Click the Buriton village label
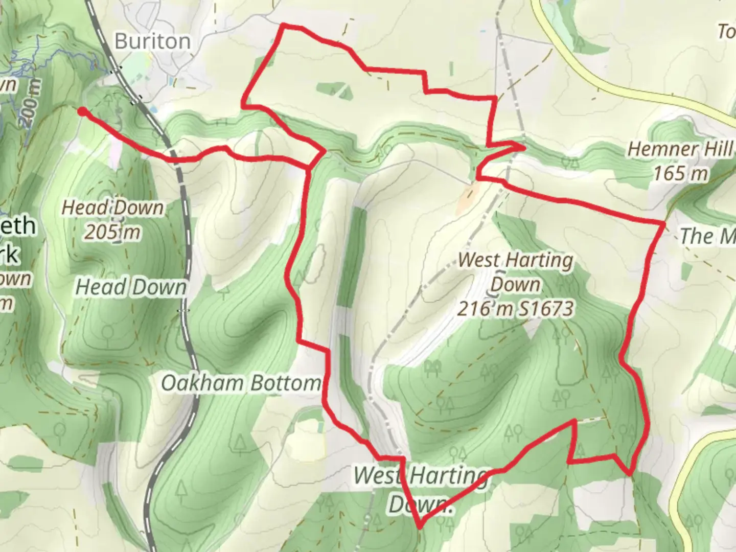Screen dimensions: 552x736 coord(152,41)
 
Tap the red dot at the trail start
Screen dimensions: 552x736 coord(82,111)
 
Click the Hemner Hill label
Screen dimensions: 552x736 coord(680,149)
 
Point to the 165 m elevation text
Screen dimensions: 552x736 coord(681,174)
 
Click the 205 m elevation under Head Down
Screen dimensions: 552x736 coord(112,232)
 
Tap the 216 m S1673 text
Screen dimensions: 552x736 coord(515,309)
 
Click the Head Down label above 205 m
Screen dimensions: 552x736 coord(112,208)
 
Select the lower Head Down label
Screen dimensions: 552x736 coord(131,287)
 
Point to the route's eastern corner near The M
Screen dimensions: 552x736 coord(663,223)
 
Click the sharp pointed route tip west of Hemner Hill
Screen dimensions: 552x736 coord(524,147)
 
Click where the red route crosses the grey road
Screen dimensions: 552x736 coord(176,159)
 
